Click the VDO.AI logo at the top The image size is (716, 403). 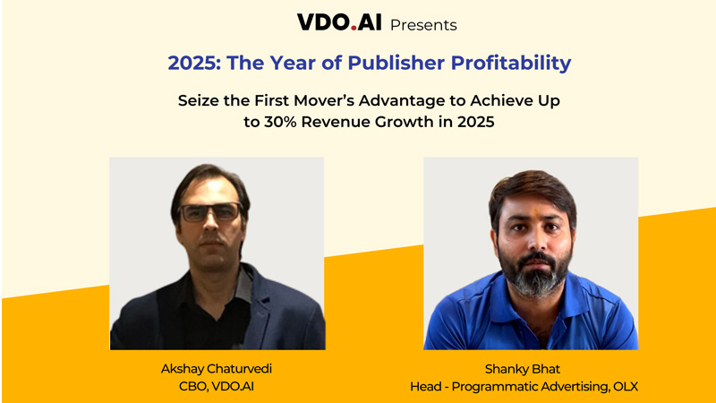(x=339, y=23)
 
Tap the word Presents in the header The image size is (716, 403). (x=423, y=24)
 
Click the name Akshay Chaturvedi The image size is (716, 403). (x=217, y=367)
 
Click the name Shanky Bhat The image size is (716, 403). (x=531, y=367)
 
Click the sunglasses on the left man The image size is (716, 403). (x=210, y=213)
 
